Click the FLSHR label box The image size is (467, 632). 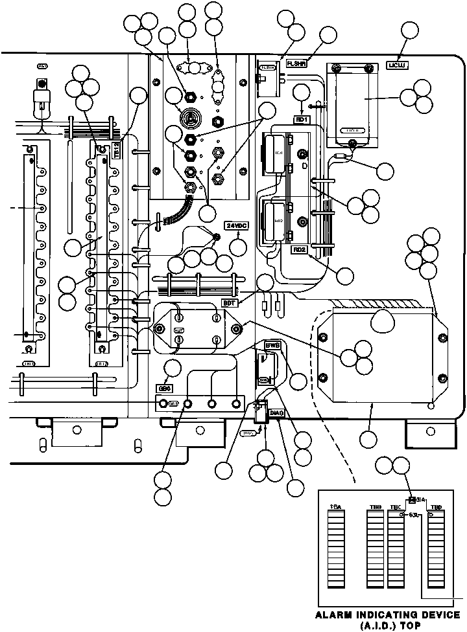pos(296,64)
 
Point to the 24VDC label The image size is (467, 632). pos(235,225)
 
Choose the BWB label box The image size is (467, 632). pos(272,346)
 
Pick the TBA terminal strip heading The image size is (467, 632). pos(335,506)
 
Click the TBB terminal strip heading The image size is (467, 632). pos(375,506)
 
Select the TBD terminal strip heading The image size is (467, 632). pos(437,506)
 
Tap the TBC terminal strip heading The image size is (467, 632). pos(395,506)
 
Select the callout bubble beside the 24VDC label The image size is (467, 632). pos(239,247)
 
